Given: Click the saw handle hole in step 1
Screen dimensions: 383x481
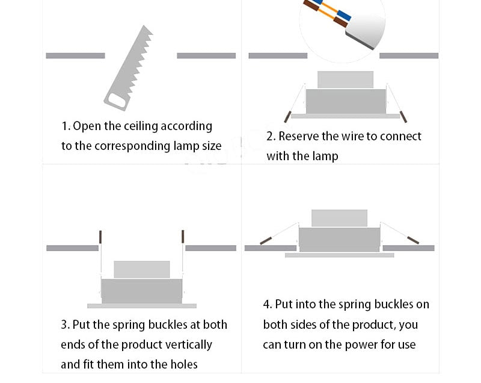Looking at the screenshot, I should click(117, 104).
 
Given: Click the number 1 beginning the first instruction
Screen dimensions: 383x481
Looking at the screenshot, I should click(64, 126).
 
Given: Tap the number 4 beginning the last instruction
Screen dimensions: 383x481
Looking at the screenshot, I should click(266, 305).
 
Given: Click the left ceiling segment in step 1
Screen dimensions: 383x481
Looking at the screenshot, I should click(75, 56).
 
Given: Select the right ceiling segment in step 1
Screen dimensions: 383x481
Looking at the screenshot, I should click(206, 56).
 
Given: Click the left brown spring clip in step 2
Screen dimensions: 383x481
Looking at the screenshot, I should click(289, 115).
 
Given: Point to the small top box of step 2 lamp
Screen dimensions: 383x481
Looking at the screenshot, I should click(345, 79).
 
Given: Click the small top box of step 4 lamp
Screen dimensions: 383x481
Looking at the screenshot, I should click(339, 218).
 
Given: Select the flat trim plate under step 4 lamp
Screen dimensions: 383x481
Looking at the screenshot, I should click(339, 255).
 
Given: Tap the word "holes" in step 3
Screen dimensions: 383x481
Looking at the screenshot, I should click(182, 365).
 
